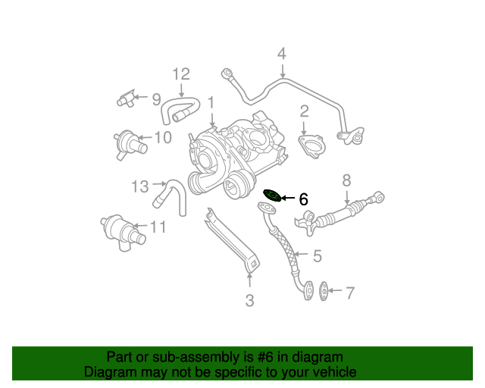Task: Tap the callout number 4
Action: point(282,54)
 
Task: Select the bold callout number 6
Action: point(303,199)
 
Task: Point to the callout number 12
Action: point(180,74)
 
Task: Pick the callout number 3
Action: point(249,301)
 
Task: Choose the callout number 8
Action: point(347,180)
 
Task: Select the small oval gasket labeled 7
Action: point(323,290)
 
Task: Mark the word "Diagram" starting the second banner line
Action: point(109,372)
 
